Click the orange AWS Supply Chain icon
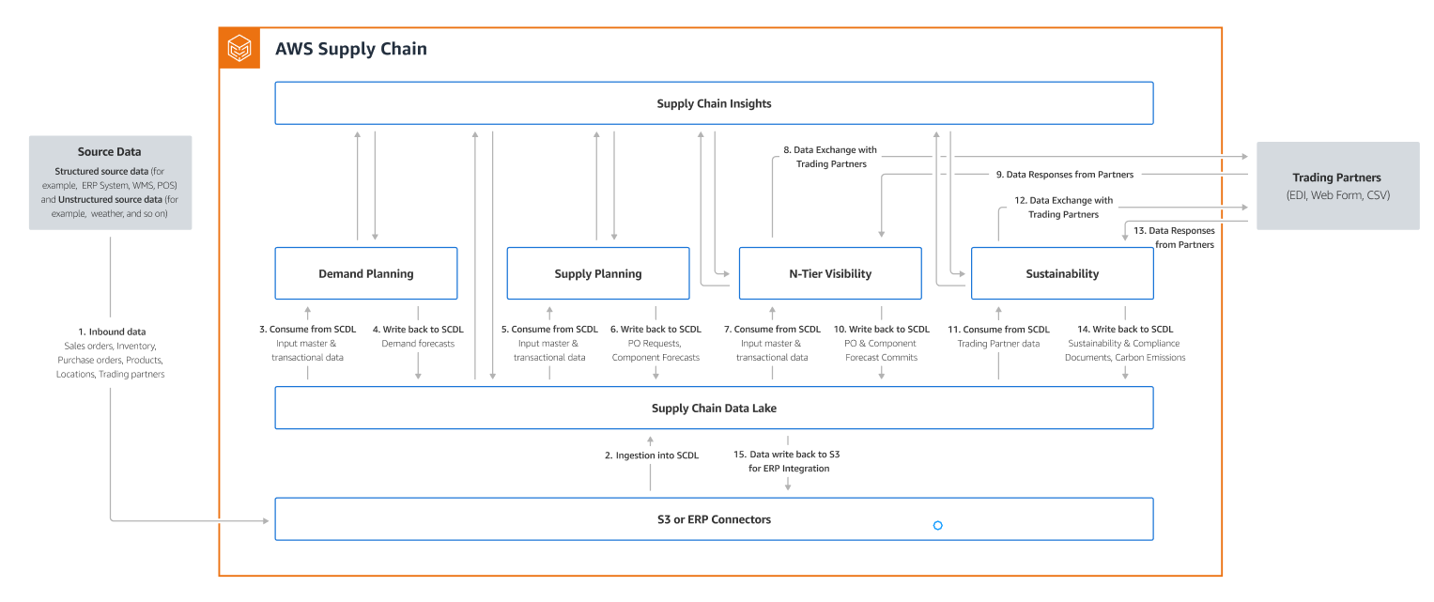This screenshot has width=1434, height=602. pyautogui.click(x=239, y=48)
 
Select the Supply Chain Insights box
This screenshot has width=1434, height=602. pyautogui.click(x=714, y=103)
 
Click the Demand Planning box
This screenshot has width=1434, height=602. pyautogui.click(x=365, y=273)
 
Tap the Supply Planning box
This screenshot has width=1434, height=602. pyautogui.click(x=597, y=273)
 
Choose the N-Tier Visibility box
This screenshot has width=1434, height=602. pyautogui.click(x=829, y=273)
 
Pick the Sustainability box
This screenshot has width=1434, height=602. pyautogui.click(x=1061, y=273)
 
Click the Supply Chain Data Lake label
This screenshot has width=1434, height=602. pyautogui.click(x=714, y=409)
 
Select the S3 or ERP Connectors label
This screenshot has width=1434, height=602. pyautogui.click(x=714, y=518)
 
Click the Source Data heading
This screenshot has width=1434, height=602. pyautogui.click(x=110, y=152)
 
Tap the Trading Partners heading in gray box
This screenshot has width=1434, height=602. pyautogui.click(x=1336, y=178)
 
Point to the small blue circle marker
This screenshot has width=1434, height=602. pyautogui.click(x=937, y=525)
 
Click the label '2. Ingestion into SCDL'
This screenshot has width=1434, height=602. pyautogui.click(x=651, y=455)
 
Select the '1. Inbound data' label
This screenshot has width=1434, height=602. pyautogui.click(x=111, y=332)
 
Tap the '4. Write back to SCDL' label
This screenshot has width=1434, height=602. pyautogui.click(x=418, y=330)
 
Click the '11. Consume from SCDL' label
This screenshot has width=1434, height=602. pyautogui.click(x=998, y=330)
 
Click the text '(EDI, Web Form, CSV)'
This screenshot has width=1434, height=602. pyautogui.click(x=1336, y=195)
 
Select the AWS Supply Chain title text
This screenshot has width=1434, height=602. pyautogui.click(x=350, y=49)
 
